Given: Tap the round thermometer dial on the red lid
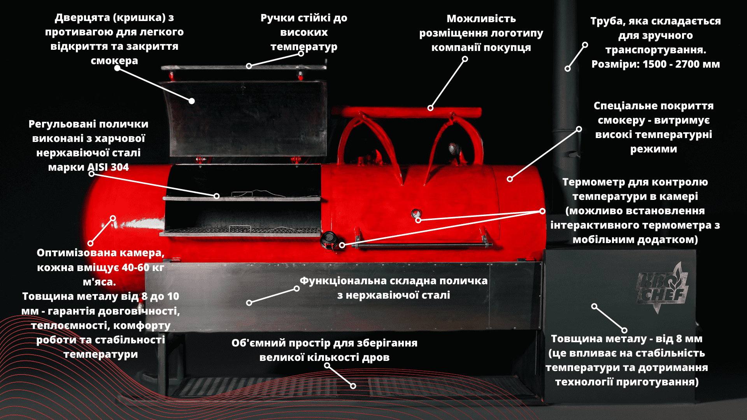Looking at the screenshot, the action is pos(416,213).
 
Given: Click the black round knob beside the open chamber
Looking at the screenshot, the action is pos(329,239).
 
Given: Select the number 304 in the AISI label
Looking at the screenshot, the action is pos(119,167).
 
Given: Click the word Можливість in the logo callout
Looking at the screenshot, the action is pos(481,19).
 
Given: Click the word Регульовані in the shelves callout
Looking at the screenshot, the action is pos(57,124).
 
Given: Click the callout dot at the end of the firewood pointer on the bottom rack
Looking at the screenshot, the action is pos(353,386).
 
